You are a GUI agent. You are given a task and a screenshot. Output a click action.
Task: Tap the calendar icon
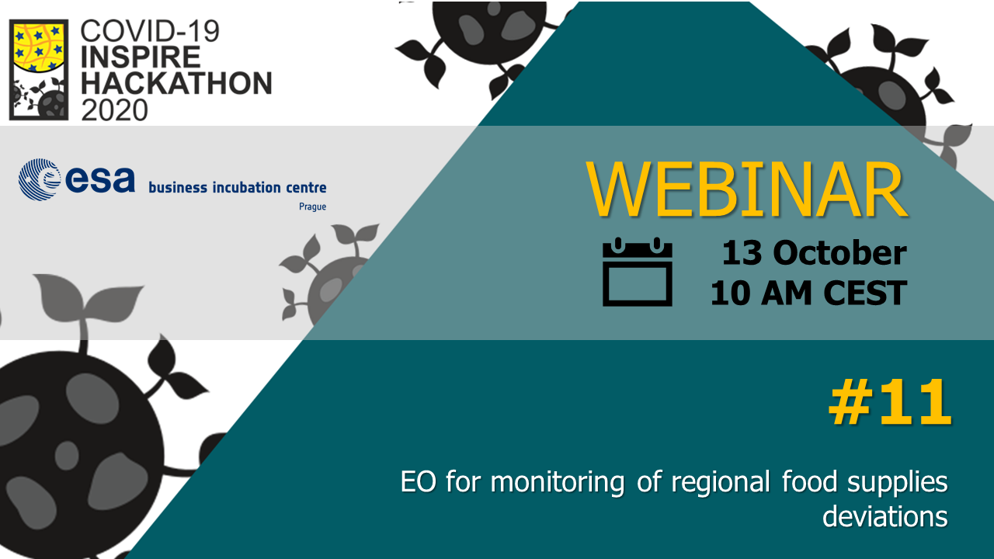(x=638, y=272)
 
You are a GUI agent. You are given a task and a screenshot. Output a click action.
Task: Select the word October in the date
(x=839, y=253)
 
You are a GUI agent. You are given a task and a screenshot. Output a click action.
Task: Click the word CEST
(x=865, y=293)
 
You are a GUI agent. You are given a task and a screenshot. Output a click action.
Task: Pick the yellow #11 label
(x=890, y=402)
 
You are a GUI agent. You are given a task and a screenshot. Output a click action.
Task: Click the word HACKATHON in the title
(x=176, y=83)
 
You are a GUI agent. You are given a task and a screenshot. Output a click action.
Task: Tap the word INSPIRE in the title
(x=141, y=57)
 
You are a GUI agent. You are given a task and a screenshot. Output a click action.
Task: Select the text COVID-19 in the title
(x=150, y=31)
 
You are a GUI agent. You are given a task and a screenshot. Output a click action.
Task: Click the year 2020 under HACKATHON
(x=114, y=109)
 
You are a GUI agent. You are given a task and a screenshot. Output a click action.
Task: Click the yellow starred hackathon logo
(x=39, y=70)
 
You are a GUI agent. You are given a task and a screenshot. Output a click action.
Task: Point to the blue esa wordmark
(x=100, y=179)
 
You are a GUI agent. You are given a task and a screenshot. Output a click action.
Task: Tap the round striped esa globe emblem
(x=40, y=179)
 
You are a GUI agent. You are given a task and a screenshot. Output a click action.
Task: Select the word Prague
(x=312, y=207)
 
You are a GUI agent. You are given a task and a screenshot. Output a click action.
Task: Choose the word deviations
(x=885, y=517)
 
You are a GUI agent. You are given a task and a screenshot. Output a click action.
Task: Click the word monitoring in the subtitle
(x=558, y=483)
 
